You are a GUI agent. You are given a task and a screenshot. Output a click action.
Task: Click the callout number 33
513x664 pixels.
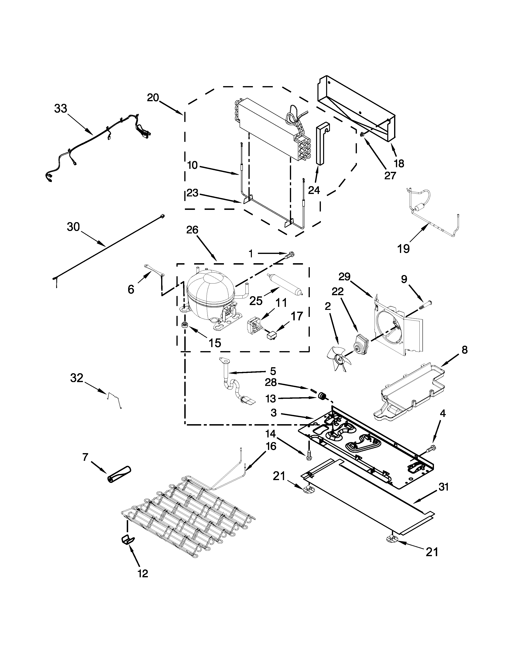click(x=61, y=108)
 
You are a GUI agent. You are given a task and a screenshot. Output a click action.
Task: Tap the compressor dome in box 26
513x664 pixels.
click(x=210, y=289)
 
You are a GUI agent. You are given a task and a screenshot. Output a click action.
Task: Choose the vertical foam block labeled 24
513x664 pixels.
click(x=321, y=143)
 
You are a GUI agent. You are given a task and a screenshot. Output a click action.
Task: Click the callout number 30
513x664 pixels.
click(x=73, y=227)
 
